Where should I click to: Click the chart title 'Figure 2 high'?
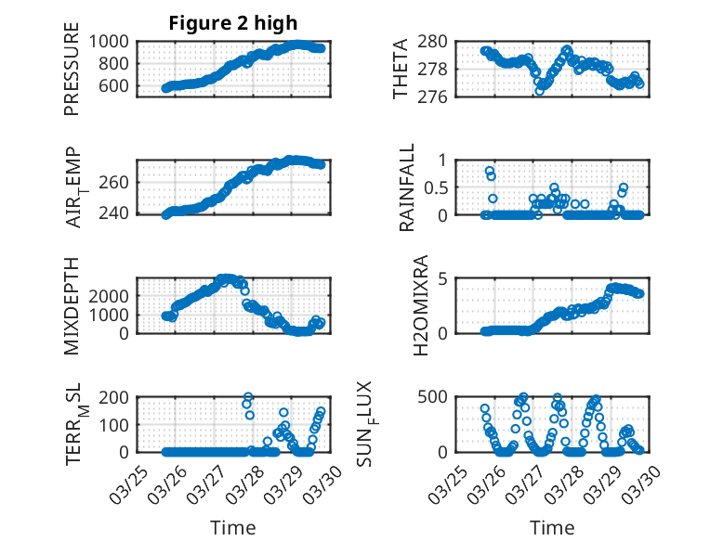[233, 23]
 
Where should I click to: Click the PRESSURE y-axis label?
[72, 69]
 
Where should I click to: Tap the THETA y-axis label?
[401, 69]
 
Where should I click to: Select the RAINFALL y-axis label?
[406, 187]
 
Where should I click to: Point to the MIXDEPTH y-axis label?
[72, 305]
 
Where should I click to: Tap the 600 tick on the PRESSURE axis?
[118, 86]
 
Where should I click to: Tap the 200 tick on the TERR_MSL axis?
[118, 396]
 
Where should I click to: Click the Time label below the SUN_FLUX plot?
[552, 528]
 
